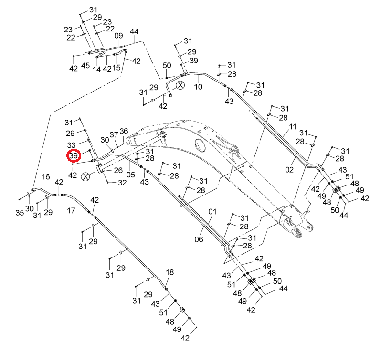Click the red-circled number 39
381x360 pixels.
coord(74,155)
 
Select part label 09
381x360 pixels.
coord(118,36)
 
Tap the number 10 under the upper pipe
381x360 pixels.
coord(198,87)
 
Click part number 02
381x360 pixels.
coord(289,170)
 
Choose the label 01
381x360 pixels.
coord(212,212)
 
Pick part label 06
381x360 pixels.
coord(199,239)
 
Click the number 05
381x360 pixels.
coord(130,175)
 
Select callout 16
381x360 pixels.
coord(46,176)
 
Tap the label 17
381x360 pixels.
coord(71,210)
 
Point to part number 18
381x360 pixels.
coord(170,272)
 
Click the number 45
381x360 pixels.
coord(85,65)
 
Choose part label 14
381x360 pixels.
coord(97,70)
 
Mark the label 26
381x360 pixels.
coord(118,170)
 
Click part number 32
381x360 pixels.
coord(122,183)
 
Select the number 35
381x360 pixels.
coord(20,213)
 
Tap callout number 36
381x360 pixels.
coord(124,131)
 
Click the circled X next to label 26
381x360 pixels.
coord(85,176)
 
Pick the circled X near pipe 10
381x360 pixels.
coord(180,85)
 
